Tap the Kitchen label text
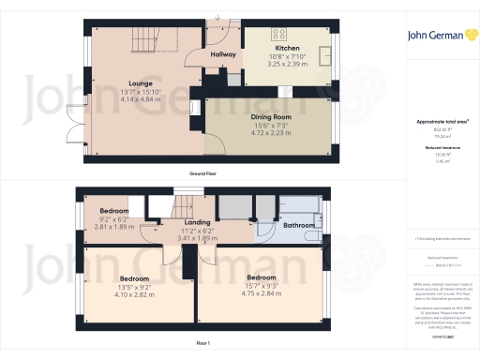pos(287,48)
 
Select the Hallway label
pos(223,55)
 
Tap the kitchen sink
pos(326,52)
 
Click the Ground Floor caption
pos(203,173)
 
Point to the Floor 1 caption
pos(203,344)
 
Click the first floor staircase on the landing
pos(187,200)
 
